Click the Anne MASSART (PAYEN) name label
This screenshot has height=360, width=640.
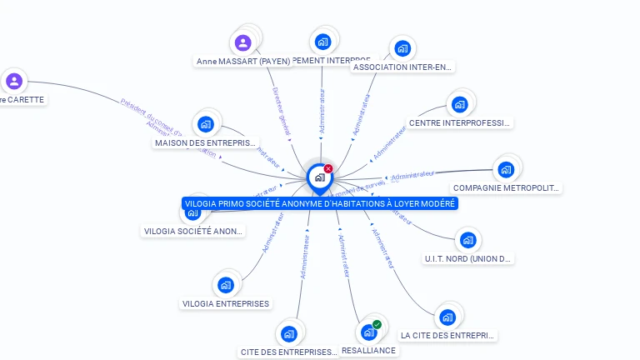tap(243, 61)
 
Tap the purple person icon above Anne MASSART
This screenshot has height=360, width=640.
tap(242, 42)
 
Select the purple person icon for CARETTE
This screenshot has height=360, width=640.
tap(13, 81)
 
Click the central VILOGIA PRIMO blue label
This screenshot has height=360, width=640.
tap(320, 203)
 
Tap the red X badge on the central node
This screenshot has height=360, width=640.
tap(328, 168)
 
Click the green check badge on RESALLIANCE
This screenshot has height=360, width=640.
tap(377, 324)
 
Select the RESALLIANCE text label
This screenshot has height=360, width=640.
tap(368, 350)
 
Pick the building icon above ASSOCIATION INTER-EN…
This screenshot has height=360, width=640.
tap(402, 48)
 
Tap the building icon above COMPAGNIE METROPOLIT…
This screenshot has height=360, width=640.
tap(505, 169)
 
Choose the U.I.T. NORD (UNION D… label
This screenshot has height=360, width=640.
tap(467, 258)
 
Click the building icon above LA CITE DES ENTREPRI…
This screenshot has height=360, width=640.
tap(447, 317)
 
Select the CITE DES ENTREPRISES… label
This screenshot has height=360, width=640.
tap(289, 352)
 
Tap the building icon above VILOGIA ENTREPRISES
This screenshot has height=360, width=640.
tap(225, 285)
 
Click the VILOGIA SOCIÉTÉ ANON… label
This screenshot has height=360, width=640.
tap(193, 231)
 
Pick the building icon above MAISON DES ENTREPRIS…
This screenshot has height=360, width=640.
tap(205, 125)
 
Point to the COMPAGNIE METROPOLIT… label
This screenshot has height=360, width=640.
tap(507, 187)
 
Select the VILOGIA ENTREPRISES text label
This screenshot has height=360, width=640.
tap(226, 303)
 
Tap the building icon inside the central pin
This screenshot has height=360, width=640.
tap(319, 177)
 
